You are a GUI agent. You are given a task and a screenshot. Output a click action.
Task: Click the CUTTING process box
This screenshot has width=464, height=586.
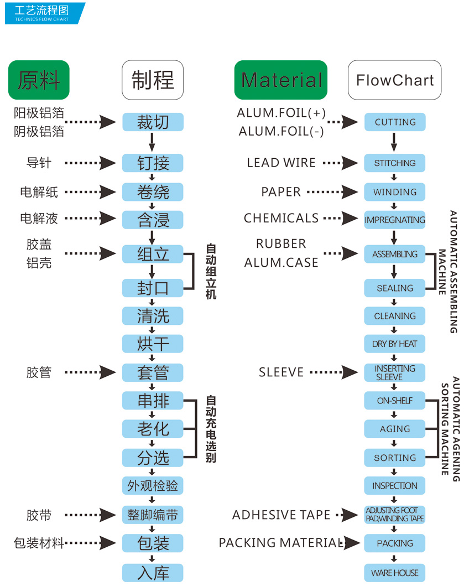pyautogui.click(x=395, y=122)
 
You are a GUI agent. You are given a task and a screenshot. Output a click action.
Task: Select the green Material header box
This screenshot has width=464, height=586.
pyautogui.click(x=281, y=80)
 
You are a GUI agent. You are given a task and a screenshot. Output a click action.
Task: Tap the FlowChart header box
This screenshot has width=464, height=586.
pyautogui.click(x=395, y=80)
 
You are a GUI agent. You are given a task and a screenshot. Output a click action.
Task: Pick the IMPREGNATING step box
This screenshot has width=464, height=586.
pyautogui.click(x=395, y=220)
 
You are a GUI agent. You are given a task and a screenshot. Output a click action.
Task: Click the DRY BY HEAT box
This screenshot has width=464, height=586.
pyautogui.click(x=395, y=344)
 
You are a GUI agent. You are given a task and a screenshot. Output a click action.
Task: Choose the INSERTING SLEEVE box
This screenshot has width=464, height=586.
pyautogui.click(x=395, y=372)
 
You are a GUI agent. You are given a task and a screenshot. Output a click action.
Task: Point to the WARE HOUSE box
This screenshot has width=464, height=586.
pyautogui.click(x=395, y=573)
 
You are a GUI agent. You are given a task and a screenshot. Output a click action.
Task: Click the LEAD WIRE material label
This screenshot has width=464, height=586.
pyautogui.click(x=281, y=163)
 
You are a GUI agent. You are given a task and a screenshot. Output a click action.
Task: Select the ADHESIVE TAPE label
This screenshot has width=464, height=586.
pyautogui.click(x=281, y=515)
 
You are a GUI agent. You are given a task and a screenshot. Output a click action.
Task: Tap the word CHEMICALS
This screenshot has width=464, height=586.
pyautogui.click(x=281, y=218)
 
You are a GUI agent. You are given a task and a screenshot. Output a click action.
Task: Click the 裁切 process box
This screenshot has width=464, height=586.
pyautogui.click(x=153, y=122)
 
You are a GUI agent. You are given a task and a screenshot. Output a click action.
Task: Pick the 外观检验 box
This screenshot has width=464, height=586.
pyautogui.click(x=153, y=486)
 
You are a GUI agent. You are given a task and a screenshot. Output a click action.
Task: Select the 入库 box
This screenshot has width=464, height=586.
pyautogui.click(x=153, y=573)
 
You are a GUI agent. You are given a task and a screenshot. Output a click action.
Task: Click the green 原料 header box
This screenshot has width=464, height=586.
pyautogui.click(x=39, y=80)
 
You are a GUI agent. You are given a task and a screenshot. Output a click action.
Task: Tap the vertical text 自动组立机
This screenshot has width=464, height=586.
pyautogui.click(x=211, y=272)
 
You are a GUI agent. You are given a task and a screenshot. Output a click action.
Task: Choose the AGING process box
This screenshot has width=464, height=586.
pyautogui.click(x=395, y=429)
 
